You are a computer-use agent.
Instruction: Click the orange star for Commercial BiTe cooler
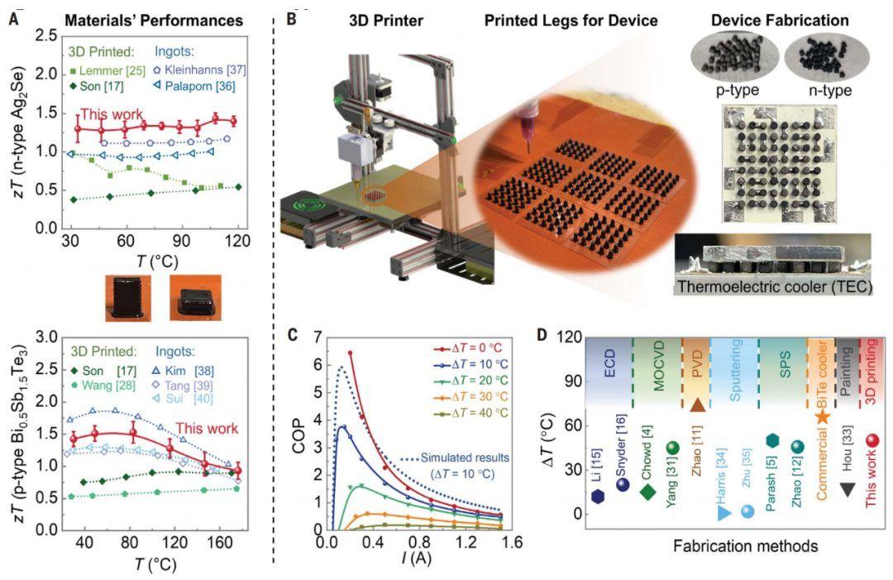coord(822,416)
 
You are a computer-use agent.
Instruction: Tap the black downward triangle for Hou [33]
coord(848,489)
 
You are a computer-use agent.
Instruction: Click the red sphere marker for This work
coord(872,441)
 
